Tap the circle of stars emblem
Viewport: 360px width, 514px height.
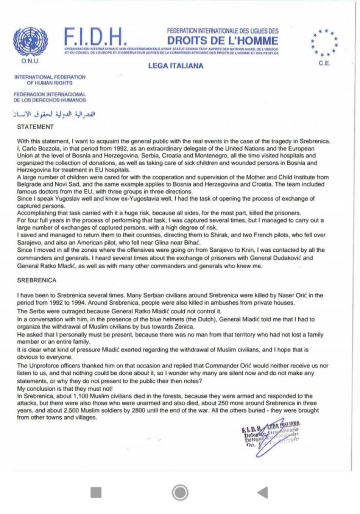pyautogui.click(x=325, y=42)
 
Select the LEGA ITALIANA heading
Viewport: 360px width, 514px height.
pyautogui.click(x=176, y=66)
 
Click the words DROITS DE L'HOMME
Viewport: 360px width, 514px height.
pyautogui.click(x=222, y=40)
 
